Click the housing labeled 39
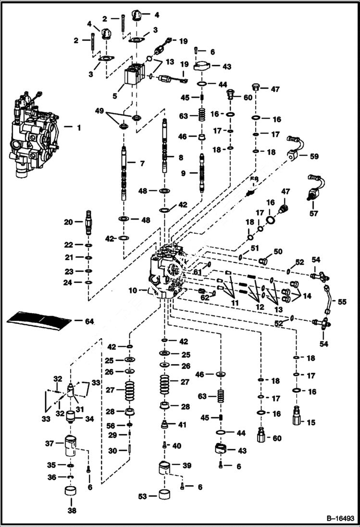164,467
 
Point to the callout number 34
89,418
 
